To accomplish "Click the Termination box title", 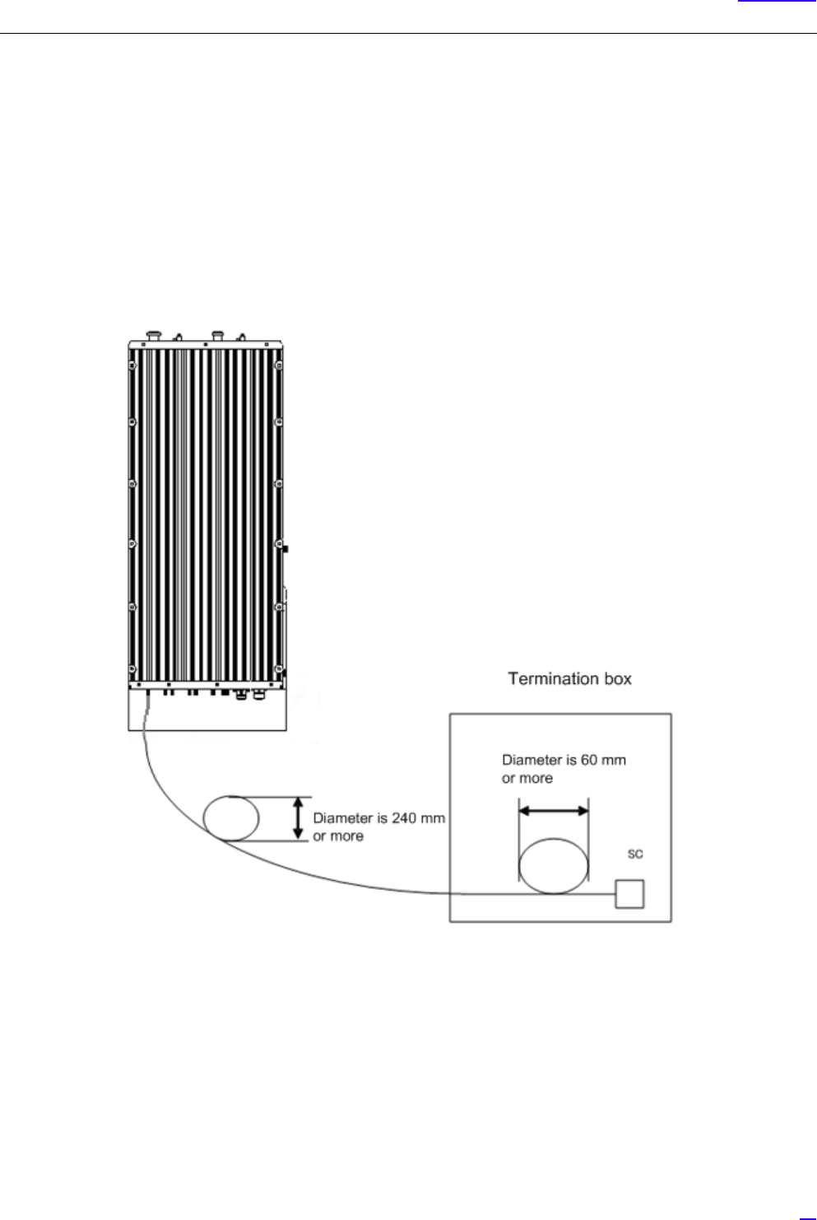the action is (569, 679).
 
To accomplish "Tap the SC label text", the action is (634, 855).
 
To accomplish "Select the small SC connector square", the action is (630, 894).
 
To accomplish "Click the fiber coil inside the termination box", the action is (554, 865).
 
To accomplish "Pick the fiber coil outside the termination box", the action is (231, 817).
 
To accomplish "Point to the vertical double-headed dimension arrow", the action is (298, 818).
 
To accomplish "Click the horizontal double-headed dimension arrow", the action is (553, 811).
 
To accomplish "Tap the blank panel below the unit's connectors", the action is (207, 711).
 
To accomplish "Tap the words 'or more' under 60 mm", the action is (527, 778).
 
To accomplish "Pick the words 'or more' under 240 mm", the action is (338, 836).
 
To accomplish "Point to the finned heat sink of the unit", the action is (206, 510).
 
